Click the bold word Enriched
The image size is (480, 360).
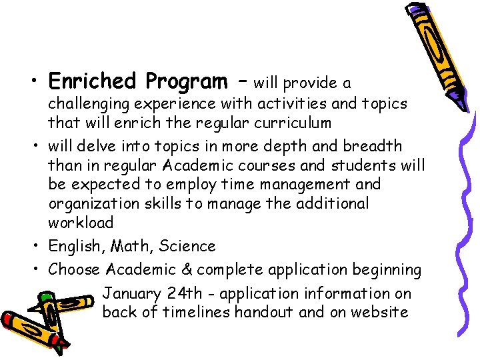[x=91, y=81]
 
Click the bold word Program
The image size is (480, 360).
[x=186, y=83]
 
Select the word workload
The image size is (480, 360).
[x=81, y=222]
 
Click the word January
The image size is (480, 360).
[x=131, y=294]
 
